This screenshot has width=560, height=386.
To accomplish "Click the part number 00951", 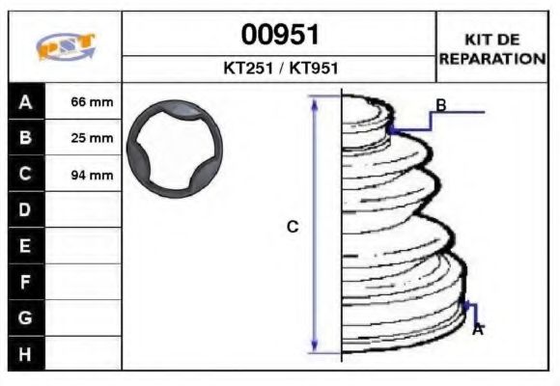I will coord(279,35).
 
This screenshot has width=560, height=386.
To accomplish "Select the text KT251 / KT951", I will coord(279,69).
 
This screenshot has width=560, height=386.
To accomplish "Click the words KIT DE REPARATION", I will coord(492,48).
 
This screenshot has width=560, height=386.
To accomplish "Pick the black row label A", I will coord(25,101).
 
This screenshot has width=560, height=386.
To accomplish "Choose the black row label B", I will coord(25,137).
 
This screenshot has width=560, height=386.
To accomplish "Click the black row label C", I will coord(25,174).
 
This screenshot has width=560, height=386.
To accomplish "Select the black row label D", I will coord(25,209).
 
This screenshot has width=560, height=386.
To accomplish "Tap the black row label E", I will coord(25,245).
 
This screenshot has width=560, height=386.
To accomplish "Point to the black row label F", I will coord(25,282).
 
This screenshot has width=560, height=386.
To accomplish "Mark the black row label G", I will coord(25,317).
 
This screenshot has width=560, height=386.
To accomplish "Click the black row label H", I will coord(25,353).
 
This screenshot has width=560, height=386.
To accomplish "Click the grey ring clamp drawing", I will coord(175,150).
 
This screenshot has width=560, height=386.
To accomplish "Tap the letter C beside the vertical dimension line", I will coord(293,227).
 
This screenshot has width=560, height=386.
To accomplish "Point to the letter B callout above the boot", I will coord(440,105).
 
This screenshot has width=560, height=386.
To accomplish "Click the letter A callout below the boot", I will coord(477,330).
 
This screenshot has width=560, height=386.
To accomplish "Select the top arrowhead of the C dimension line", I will coord(314,101).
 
